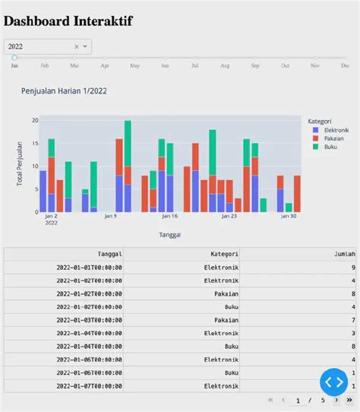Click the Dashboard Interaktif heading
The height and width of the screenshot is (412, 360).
[x=68, y=21]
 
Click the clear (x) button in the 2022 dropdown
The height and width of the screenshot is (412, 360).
[x=76, y=47]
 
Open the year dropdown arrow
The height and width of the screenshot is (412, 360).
[x=85, y=47]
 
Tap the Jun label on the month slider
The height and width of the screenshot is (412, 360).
[x=165, y=66]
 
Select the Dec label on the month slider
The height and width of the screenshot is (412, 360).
[x=345, y=66]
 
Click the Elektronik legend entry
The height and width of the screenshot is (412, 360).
[x=331, y=130]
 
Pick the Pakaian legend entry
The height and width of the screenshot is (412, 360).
[x=329, y=138]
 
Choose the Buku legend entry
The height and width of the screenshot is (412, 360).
[x=326, y=147]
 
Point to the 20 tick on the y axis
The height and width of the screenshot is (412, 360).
[x=34, y=121]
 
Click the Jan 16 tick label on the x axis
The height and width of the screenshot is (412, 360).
[x=169, y=216]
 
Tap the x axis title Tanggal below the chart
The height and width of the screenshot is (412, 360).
[x=170, y=235]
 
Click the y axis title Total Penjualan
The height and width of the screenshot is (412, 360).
[x=20, y=164]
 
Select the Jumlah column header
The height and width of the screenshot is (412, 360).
[x=344, y=254]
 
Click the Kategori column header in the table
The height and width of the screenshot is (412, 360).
[x=225, y=254]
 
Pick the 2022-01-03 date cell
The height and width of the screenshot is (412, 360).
[x=90, y=320]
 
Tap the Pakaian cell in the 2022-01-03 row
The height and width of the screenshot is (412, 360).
[x=225, y=320]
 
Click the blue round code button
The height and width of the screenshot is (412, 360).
[x=333, y=382]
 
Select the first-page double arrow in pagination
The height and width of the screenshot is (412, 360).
[x=270, y=400]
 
